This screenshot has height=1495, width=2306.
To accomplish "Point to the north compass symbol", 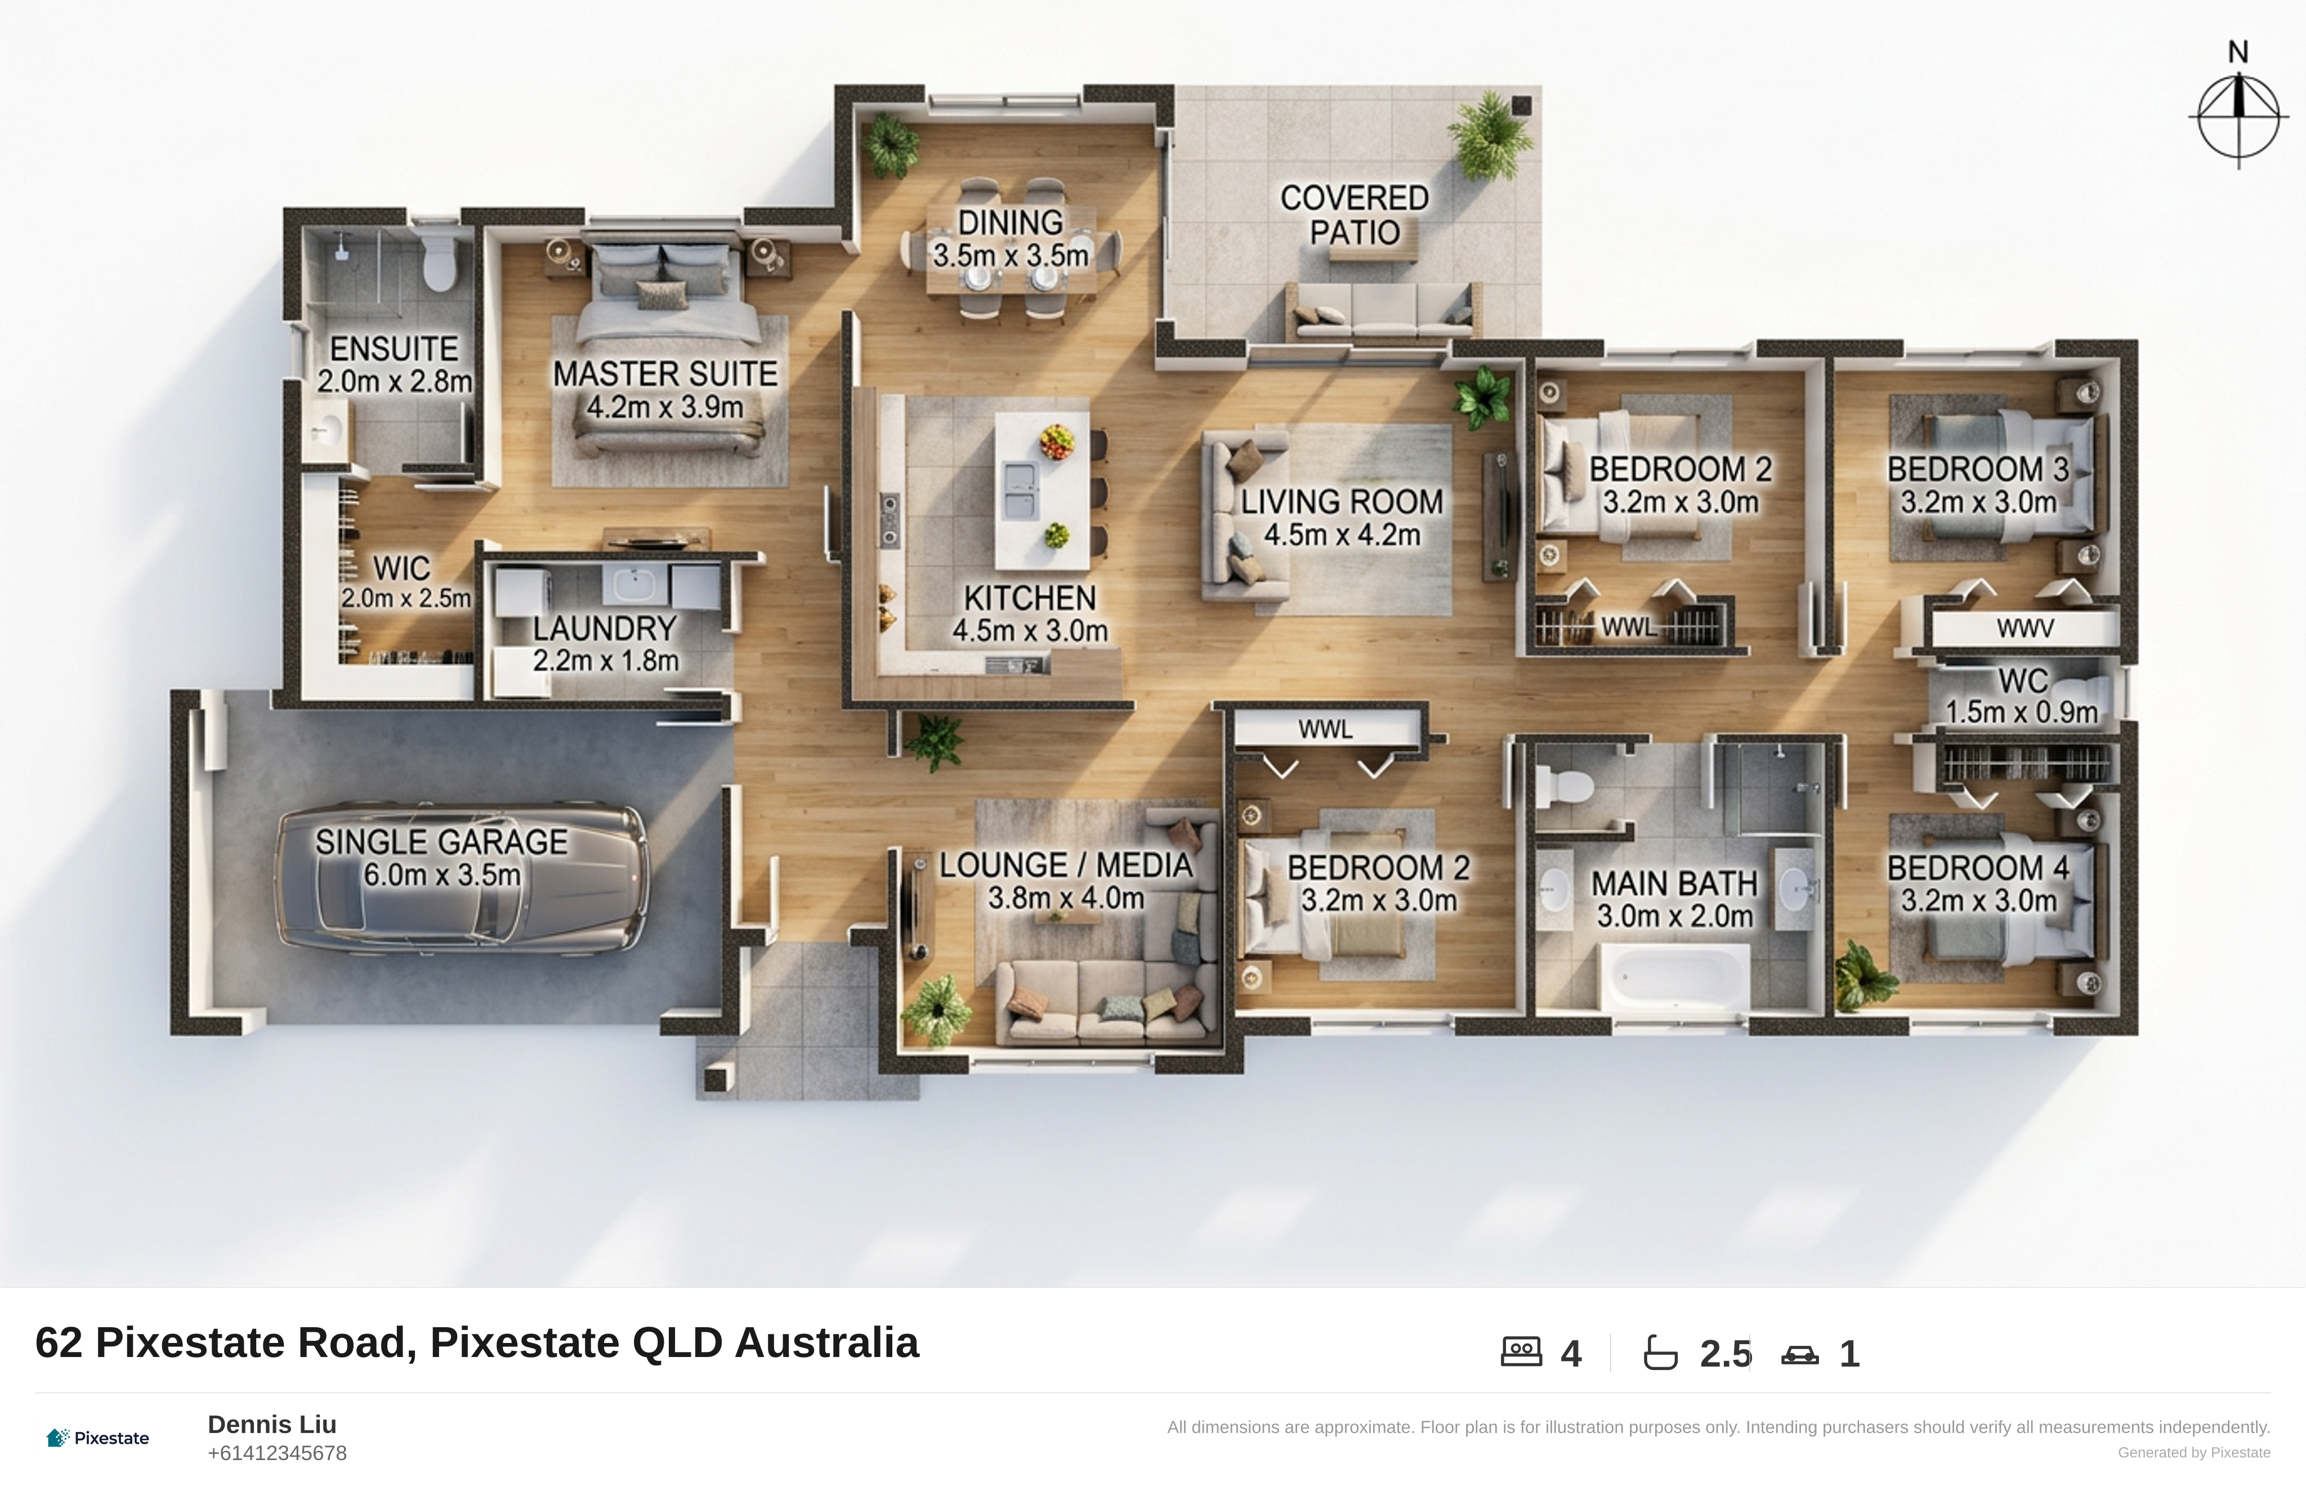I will (2238, 114).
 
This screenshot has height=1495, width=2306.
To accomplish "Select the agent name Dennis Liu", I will (272, 1424).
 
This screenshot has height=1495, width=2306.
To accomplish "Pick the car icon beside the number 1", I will (1799, 1355).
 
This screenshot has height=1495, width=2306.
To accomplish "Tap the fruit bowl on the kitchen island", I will (1056, 442).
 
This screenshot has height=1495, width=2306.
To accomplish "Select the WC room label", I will (2023, 681).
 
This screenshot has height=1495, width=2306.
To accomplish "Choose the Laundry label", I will (605, 629).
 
